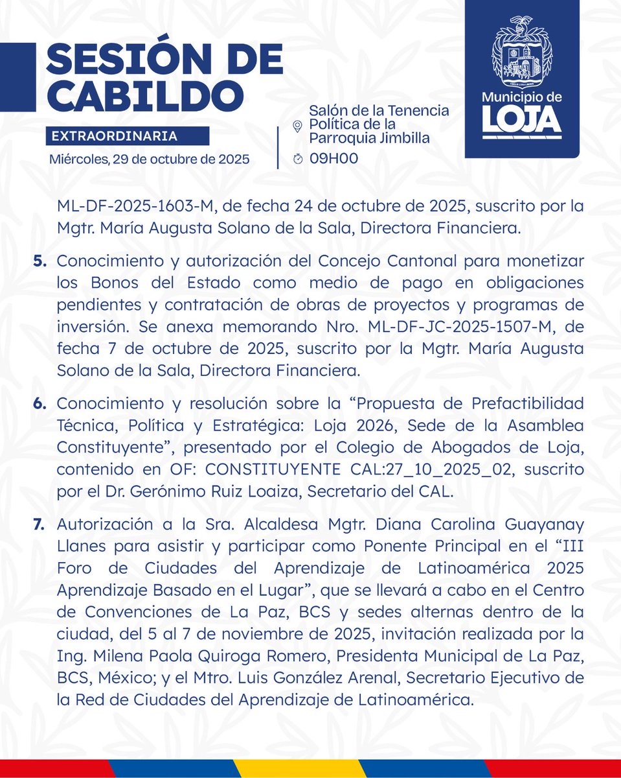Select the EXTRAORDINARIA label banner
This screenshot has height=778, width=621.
click(128, 136)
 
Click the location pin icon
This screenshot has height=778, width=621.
click(298, 125)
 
